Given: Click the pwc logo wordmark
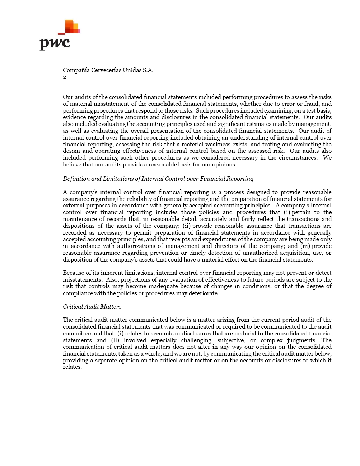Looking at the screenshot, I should pos(55,44).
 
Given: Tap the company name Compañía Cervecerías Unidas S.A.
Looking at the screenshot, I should pos(108,70).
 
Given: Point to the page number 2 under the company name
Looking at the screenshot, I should pos(65,77).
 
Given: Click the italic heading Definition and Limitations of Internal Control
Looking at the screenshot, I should pos(158,179).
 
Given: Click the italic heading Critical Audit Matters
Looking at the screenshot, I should pos(92,307).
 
